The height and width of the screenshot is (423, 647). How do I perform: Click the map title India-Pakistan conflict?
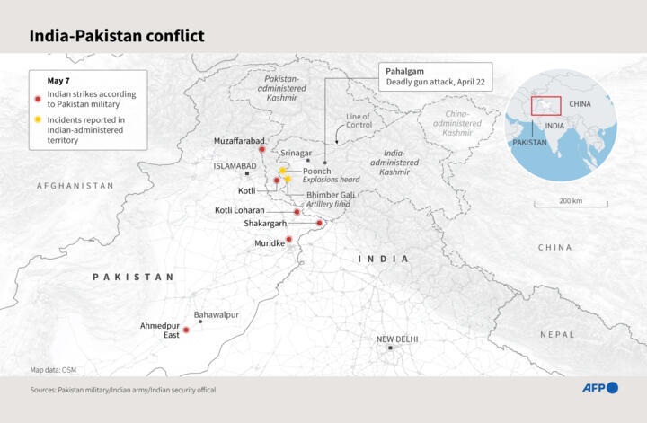tap(117, 36)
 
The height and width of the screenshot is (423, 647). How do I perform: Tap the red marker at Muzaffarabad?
tap(261, 150)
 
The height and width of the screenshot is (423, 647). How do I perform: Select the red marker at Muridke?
tap(288, 240)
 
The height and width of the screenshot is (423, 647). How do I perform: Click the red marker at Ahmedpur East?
tap(186, 330)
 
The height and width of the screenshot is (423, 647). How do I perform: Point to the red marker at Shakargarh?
tap(319, 223)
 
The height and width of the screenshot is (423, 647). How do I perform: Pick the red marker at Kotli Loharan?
tap(297, 212)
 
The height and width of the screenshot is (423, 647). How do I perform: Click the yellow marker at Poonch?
tap(282, 170)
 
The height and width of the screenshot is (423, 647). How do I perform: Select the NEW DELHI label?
tap(397, 339)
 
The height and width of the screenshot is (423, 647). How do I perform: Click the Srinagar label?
tap(297, 154)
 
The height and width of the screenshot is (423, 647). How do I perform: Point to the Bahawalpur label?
tap(217, 314)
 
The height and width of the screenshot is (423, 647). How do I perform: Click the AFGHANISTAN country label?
tap(75, 186)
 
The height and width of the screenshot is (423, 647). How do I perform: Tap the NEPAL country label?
tap(557, 334)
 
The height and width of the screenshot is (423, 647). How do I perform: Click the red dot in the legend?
tap(37, 99)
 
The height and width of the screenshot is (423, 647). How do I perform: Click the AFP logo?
tap(599, 388)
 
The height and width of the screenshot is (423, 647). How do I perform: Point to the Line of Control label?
tap(359, 121)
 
